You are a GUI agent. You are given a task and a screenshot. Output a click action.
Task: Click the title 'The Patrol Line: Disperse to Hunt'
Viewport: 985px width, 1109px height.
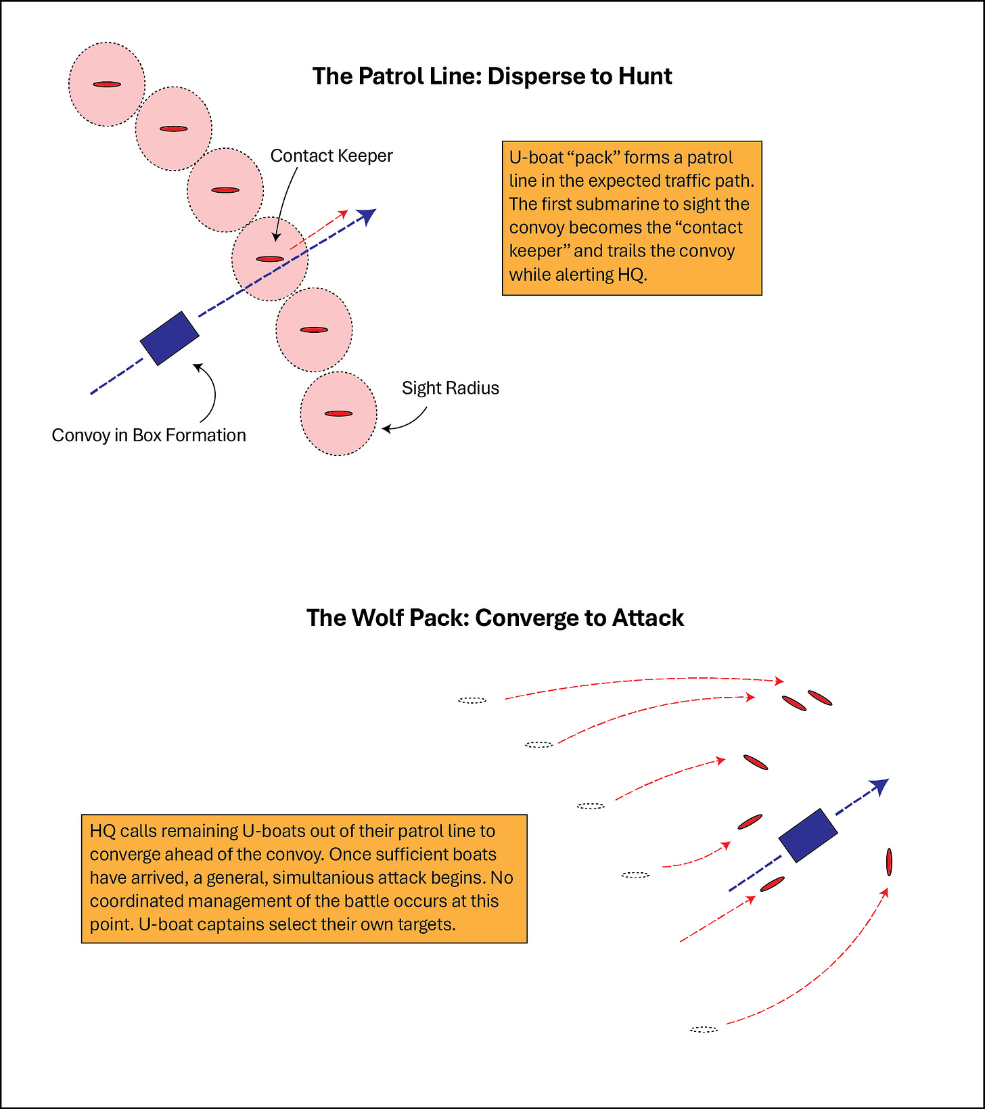tap(492, 76)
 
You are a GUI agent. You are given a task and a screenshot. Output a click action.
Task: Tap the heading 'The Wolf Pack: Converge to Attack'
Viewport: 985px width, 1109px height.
tap(495, 618)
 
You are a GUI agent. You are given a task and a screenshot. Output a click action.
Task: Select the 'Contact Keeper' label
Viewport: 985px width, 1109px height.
tap(331, 156)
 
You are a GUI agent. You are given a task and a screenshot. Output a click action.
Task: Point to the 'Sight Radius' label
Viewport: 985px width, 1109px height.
tap(450, 388)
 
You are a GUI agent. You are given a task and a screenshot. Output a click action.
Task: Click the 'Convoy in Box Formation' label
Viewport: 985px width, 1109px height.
tap(149, 435)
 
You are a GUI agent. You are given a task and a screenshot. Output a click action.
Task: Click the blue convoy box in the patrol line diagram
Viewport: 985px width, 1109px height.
tap(169, 338)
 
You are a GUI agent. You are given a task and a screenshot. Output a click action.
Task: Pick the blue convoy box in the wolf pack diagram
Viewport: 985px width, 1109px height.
tap(808, 835)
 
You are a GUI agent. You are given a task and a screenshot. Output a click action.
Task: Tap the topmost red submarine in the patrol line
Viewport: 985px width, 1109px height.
tap(107, 85)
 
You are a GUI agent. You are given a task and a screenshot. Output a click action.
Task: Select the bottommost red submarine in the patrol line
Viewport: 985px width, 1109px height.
tap(338, 413)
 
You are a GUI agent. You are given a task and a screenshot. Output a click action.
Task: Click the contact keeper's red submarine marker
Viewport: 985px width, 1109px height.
tap(269, 259)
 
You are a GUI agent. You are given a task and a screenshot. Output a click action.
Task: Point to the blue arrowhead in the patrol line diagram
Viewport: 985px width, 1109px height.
tap(367, 215)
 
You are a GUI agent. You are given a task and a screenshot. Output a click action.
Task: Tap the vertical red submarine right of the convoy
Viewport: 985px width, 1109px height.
tap(889, 861)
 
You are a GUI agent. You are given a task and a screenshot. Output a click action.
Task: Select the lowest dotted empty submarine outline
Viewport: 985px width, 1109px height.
tap(704, 1029)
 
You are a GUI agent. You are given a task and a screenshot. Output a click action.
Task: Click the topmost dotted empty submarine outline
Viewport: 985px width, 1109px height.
tap(472, 700)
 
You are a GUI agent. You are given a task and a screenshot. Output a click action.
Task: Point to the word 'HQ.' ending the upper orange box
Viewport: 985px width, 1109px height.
tap(632, 275)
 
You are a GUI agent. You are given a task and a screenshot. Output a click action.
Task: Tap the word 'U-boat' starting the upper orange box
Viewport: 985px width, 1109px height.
tap(535, 158)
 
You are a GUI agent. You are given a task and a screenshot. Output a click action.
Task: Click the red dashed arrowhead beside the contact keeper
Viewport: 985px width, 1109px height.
tap(345, 212)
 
